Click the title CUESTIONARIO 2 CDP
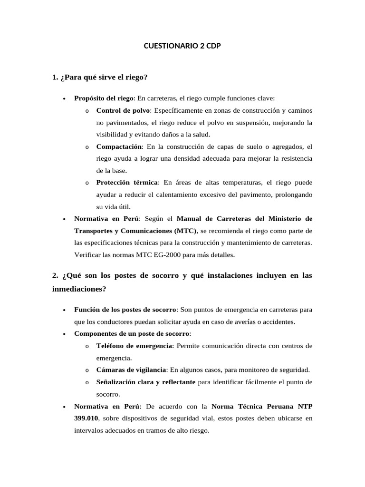point(182,47)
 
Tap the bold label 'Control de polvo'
point(123,110)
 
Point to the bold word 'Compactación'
point(119,146)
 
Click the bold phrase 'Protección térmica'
point(128,183)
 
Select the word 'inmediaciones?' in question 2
point(79,288)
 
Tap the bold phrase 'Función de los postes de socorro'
point(125,310)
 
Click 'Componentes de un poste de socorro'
point(132,333)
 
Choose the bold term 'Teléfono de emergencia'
point(134,345)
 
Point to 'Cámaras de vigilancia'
point(131,370)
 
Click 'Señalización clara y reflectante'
point(146,382)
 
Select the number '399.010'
point(86,419)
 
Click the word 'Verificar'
point(86,255)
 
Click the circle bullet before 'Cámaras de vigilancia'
point(87,370)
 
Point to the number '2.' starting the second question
point(56,276)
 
